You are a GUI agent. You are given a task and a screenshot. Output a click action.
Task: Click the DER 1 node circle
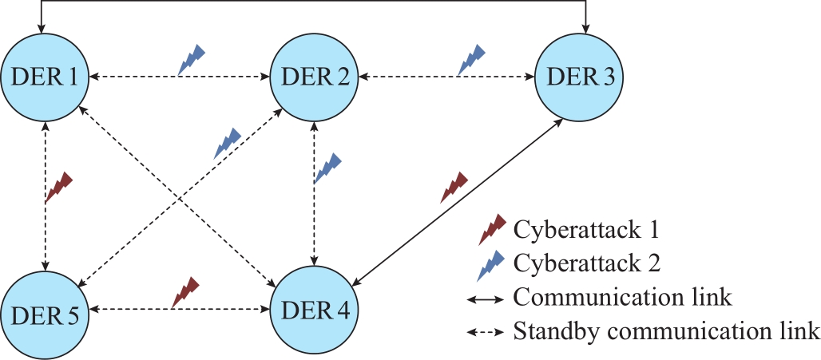coord(44,77)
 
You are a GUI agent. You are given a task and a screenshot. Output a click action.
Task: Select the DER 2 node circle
coord(314,77)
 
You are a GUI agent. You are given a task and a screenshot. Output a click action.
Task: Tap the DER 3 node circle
coord(578,77)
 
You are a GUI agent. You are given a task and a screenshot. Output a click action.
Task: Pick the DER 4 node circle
coord(314,309)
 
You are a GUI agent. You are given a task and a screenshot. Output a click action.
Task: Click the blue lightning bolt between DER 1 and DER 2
coord(192,59)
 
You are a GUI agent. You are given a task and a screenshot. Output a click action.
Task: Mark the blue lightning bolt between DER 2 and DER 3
coord(472,59)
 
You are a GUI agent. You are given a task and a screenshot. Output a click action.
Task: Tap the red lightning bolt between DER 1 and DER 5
coord(58,187)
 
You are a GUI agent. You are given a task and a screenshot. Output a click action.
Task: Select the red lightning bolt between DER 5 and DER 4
coord(186,292)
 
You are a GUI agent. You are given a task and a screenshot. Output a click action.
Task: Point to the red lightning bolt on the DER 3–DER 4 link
coord(454,187)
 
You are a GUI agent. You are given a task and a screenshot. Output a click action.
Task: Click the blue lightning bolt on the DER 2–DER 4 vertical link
coord(327,168)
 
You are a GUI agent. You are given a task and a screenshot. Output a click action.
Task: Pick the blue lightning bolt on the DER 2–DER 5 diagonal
coord(228,144)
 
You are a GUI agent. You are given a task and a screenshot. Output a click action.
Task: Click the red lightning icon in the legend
coord(492,230)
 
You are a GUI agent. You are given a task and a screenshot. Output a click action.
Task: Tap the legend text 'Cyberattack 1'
coord(585,230)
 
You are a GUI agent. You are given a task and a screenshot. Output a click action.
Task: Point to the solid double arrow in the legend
coord(485,300)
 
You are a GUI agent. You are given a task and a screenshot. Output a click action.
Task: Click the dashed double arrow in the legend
coord(485,333)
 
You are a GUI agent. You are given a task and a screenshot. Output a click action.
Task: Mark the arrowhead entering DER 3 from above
coord(587,28)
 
